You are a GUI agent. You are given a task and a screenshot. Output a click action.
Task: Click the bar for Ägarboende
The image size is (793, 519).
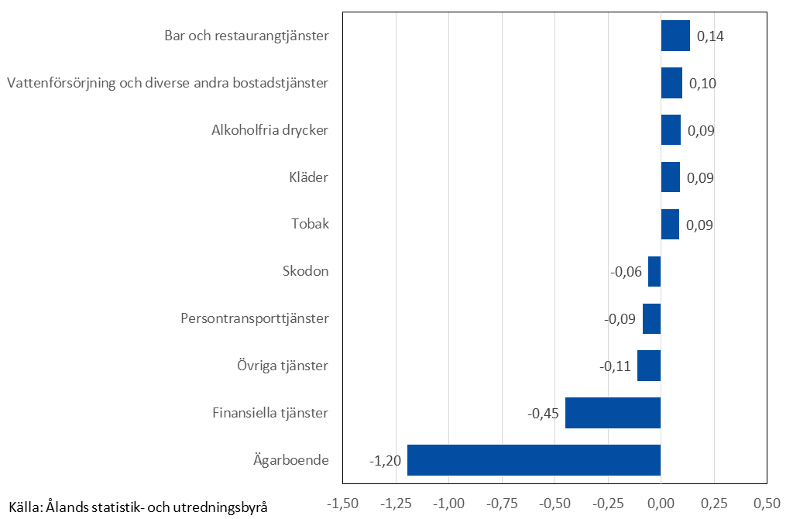click(x=534, y=460)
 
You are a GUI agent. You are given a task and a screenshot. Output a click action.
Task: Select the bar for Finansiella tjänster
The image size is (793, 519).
click(x=613, y=413)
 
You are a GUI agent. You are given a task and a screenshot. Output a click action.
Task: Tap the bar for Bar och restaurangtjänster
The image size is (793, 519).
click(x=675, y=36)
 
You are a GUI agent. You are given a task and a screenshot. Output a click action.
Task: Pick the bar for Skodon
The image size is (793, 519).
click(x=654, y=272)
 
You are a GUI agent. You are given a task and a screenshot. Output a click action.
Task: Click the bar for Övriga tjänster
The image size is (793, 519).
click(x=649, y=366)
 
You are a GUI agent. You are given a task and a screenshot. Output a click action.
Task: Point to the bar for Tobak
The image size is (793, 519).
click(x=670, y=225)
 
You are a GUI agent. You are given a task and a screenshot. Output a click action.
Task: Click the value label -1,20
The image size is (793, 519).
click(x=385, y=461)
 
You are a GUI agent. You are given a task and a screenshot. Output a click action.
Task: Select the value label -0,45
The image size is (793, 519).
click(x=543, y=414)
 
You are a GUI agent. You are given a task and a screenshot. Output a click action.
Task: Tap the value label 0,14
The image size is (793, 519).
click(x=710, y=36)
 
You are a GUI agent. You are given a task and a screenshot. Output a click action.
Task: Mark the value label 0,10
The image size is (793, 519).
click(x=702, y=84)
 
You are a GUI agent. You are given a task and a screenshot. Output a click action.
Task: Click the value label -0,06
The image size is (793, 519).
click(x=626, y=272)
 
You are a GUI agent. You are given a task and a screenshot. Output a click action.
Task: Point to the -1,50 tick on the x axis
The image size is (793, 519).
click(x=343, y=504)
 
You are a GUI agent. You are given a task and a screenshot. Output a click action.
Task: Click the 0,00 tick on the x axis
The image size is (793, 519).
click(x=661, y=504)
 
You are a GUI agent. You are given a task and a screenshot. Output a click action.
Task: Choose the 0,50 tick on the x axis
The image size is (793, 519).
click(x=766, y=504)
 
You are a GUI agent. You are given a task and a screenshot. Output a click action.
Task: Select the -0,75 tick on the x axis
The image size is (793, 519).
click(x=502, y=504)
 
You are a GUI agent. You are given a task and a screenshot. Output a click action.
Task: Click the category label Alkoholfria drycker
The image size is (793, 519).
click(x=269, y=130)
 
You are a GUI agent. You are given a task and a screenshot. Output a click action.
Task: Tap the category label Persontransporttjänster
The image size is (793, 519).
click(x=255, y=318)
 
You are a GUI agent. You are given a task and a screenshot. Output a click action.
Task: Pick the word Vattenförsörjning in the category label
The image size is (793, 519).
click(x=60, y=83)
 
